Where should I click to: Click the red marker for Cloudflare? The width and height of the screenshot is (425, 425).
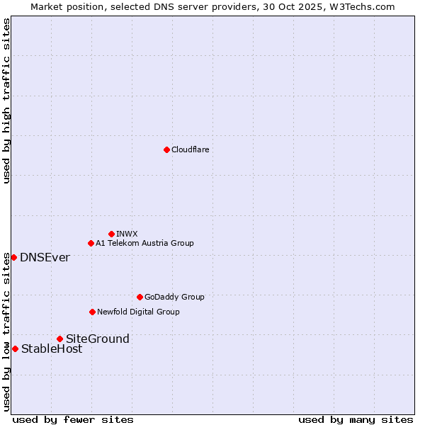166,149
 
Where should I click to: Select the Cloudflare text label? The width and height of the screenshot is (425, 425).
190,149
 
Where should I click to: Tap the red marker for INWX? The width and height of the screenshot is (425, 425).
111,234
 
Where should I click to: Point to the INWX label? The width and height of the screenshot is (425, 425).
127,234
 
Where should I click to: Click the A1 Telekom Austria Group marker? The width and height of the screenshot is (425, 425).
91,243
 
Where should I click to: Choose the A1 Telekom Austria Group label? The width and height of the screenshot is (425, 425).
144,243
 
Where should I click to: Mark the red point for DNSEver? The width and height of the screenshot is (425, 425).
13,257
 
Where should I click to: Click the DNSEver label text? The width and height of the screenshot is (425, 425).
45,257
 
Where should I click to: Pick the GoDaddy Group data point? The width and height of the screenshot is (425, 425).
140,297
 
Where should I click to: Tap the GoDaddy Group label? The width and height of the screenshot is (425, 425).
174,297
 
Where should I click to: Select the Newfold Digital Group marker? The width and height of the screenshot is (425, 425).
92,312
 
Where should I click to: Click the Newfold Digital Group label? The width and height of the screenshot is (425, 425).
138,312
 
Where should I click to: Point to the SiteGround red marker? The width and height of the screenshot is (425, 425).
59,339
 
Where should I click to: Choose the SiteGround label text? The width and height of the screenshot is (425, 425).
98,339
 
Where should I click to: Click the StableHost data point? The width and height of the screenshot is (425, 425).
15,348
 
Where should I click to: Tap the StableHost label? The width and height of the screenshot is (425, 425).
52,348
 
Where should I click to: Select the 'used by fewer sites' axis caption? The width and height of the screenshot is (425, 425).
73,419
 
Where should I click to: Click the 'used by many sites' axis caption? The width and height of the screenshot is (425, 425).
356,419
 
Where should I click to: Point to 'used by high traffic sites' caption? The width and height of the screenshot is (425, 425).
6,101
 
